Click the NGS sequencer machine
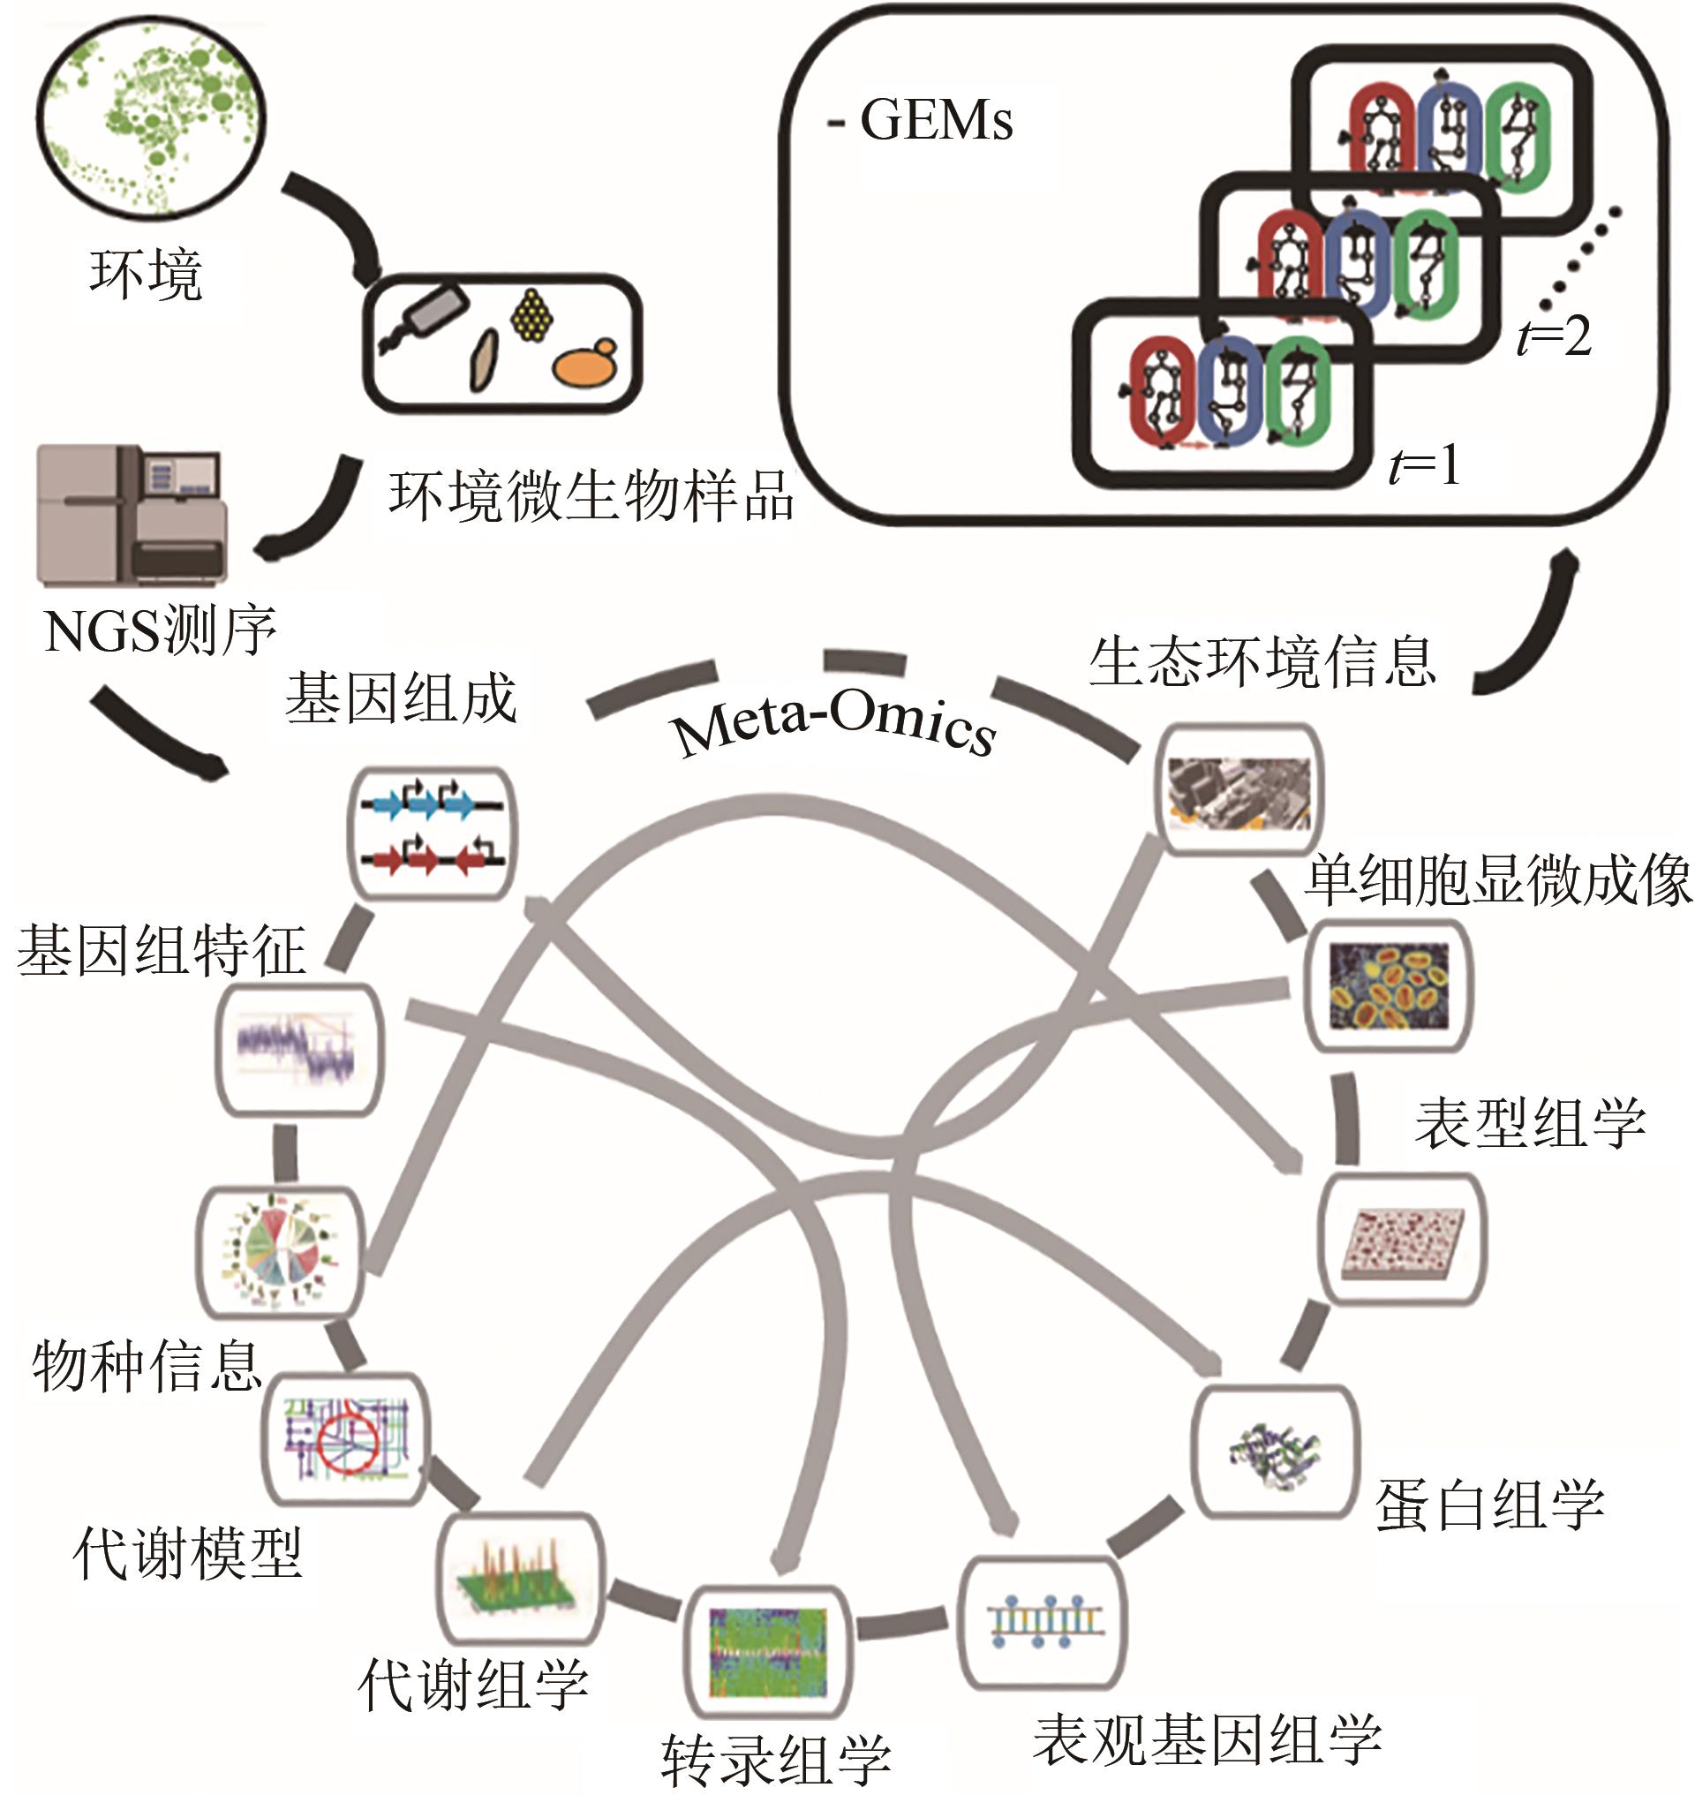pos(132,515)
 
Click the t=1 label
pos(1424,466)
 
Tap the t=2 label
pos(1554,336)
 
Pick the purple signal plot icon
pos(298,1048)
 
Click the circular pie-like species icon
pos(279,1252)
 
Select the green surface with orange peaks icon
pos(518,1577)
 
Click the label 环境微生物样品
pos(591,496)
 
